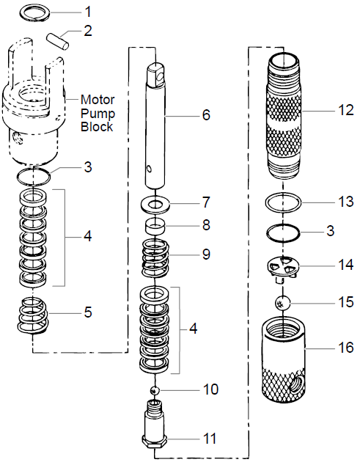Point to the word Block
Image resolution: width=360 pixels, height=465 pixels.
coord(97,127)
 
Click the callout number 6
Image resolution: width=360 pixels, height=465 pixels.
coord(206,115)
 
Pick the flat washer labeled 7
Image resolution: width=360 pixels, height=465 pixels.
coord(157,202)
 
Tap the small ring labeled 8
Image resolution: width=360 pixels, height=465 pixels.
coord(156,225)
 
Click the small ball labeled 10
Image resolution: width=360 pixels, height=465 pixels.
coord(156,389)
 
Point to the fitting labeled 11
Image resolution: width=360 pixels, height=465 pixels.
coord(156,430)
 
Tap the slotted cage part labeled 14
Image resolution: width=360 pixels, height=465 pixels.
coord(282,269)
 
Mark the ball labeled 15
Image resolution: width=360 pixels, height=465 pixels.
coord(282,302)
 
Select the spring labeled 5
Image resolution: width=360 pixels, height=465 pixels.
coord(35,313)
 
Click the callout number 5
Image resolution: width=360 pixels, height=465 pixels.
coord(89,312)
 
